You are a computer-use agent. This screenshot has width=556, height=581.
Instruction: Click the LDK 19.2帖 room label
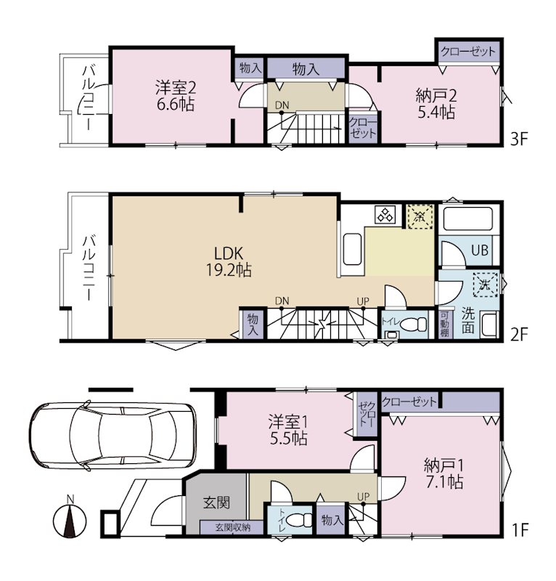tap(229, 261)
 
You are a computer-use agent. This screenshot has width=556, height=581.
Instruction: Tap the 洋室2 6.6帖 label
tap(175, 96)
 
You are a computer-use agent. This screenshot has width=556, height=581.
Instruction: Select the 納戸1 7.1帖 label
tap(444, 474)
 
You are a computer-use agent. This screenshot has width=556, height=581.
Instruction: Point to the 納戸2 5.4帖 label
tap(436, 104)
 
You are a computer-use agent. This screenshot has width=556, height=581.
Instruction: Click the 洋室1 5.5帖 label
tap(288, 430)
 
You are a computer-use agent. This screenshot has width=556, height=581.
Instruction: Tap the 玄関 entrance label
tap(217, 503)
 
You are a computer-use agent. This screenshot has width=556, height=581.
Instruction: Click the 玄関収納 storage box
tap(232, 527)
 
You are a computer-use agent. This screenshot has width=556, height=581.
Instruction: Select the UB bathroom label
tap(480, 251)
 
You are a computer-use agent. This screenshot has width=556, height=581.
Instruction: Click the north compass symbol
tap(70, 520)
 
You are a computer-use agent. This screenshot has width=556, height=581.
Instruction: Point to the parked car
tap(113, 436)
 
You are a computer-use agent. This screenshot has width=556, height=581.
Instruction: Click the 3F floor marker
tap(518, 139)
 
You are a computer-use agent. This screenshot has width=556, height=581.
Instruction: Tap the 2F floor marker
tap(518, 335)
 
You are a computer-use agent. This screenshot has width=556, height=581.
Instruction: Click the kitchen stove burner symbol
tap(385, 214)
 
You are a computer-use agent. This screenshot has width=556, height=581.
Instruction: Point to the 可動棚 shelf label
tap(444, 324)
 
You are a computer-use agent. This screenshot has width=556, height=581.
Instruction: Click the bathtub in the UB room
tap(468, 219)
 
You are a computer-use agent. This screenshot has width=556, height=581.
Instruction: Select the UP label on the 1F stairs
tap(363, 496)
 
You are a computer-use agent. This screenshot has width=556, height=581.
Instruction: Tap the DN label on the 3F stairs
tap(282, 105)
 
